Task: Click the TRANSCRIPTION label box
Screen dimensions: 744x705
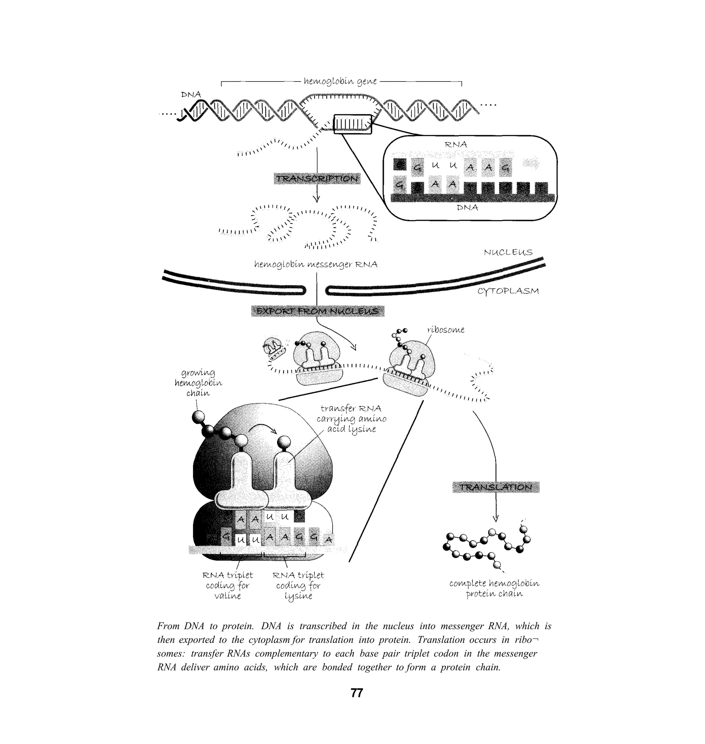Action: pos(317,179)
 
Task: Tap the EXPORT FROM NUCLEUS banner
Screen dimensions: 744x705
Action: pos(317,311)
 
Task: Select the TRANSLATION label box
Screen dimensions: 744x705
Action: pos(496,487)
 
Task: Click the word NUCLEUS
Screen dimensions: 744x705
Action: pos(508,252)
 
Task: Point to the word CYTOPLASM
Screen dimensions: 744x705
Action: pos(508,291)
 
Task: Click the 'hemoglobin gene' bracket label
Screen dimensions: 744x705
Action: pos(340,81)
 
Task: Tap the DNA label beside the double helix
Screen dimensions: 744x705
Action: pos(191,94)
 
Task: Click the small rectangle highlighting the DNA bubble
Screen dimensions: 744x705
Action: pos(352,124)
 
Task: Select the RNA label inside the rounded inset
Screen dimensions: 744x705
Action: pos(456,144)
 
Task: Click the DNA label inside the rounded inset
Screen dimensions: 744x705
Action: pos(467,208)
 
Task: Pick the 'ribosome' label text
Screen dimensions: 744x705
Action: pos(446,330)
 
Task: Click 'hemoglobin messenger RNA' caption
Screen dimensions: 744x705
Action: pos(316,265)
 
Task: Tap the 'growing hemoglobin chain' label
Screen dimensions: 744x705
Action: pos(198,383)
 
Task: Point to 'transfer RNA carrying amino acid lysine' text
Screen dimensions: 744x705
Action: pos(351,418)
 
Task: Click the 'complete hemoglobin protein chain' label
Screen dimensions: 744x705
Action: pos(494,589)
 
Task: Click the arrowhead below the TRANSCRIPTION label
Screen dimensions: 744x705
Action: pos(316,199)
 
